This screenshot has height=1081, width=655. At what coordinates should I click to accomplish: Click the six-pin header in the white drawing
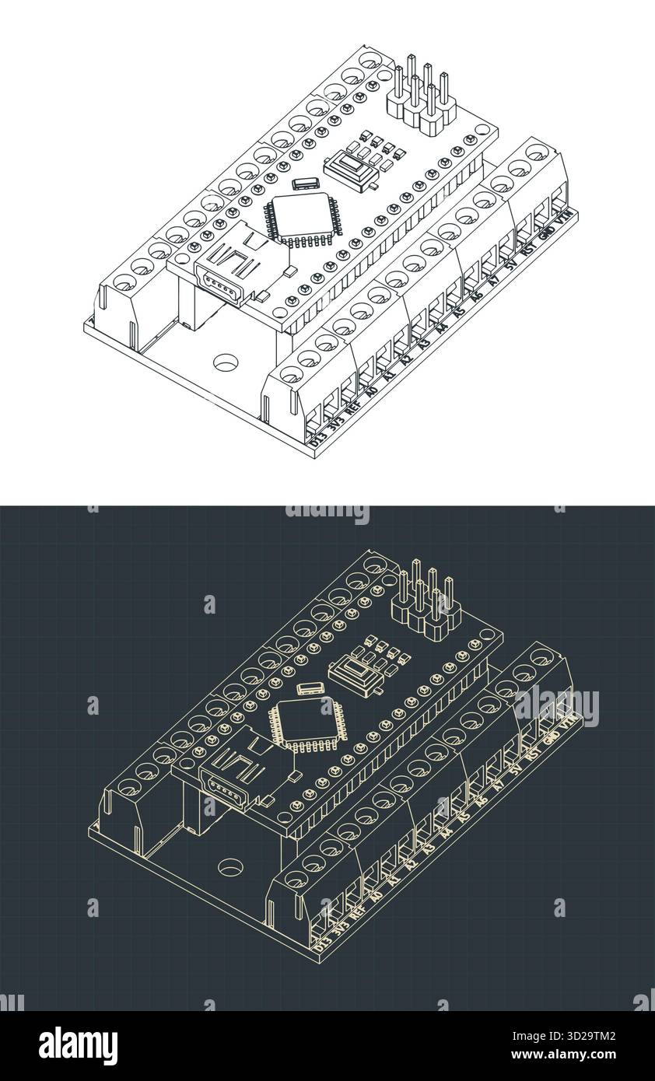420,97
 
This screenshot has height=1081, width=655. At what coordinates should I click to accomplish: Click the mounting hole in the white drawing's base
226,362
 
